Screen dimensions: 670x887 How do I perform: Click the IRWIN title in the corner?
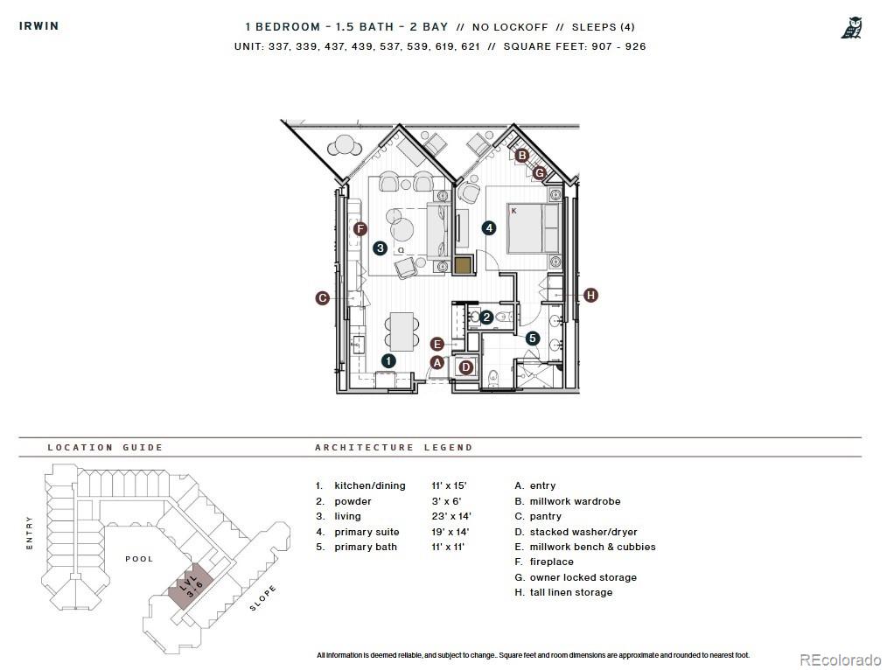click(39, 25)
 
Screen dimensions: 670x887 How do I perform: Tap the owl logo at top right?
click(852, 27)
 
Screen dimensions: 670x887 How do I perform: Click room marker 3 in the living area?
click(380, 248)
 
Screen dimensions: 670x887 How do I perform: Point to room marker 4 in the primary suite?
click(489, 227)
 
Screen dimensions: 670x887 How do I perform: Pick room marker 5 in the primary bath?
click(533, 338)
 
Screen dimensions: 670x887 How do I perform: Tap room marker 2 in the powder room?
click(486, 318)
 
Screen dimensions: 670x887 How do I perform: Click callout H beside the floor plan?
click(590, 296)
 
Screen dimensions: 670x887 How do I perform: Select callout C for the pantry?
click(322, 298)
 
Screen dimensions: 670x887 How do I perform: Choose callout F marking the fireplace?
click(360, 229)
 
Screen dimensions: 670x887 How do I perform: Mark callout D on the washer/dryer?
click(466, 367)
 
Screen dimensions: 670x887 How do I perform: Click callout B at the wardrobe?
click(521, 156)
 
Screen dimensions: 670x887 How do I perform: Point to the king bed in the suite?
click(530, 228)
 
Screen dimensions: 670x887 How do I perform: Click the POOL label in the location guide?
click(139, 558)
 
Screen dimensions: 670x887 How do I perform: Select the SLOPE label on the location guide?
click(263, 597)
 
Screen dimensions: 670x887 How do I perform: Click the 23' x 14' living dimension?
click(450, 517)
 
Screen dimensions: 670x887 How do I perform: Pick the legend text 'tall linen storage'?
click(570, 592)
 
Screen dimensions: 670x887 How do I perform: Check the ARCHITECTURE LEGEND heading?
click(394, 447)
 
